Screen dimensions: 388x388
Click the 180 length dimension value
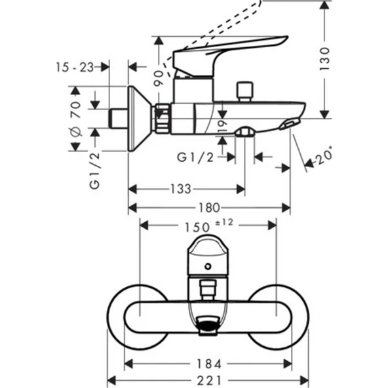click(x=208, y=208)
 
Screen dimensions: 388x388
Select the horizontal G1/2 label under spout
click(x=196, y=157)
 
